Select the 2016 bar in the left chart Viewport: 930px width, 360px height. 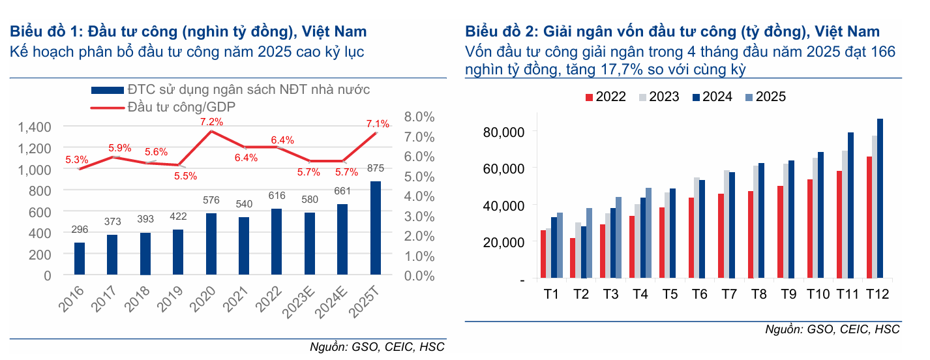[x=80, y=259]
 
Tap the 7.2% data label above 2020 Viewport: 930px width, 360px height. [x=212, y=121]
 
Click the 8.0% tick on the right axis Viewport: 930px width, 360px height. [x=419, y=117]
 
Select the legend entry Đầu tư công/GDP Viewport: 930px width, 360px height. [x=181, y=106]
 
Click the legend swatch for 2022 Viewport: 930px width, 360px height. [x=590, y=97]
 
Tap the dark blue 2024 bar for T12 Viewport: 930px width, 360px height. [x=880, y=199]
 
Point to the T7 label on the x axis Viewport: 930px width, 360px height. [x=728, y=294]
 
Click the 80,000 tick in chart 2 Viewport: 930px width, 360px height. [x=502, y=132]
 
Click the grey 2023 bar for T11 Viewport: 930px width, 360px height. [x=845, y=215]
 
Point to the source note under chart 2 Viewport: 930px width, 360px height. [x=832, y=330]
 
